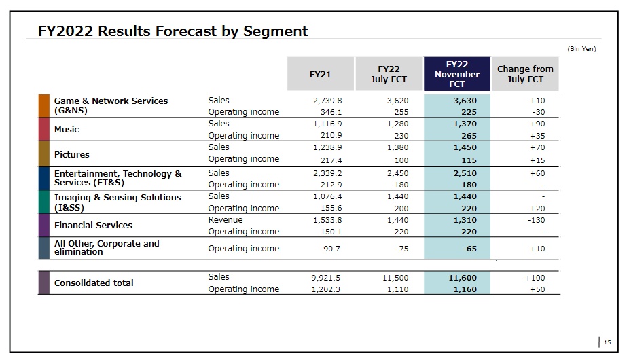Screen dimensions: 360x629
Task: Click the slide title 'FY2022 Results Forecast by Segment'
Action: (x=173, y=31)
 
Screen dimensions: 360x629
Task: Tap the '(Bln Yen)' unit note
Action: (x=581, y=48)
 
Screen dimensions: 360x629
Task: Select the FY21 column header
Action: (x=320, y=74)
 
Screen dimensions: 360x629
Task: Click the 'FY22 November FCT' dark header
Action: (x=457, y=74)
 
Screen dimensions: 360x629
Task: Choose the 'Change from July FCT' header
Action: (x=525, y=74)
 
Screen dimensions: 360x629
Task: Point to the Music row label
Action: (x=67, y=129)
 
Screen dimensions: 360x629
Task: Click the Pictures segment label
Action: (x=72, y=154)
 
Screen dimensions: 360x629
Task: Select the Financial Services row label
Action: (x=93, y=225)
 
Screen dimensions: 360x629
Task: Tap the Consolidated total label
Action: (x=94, y=283)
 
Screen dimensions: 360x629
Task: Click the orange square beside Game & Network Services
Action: (x=44, y=106)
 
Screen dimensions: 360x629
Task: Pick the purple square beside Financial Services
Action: (x=44, y=225)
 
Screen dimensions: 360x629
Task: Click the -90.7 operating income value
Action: (x=330, y=249)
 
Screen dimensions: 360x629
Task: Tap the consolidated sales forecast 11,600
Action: (x=463, y=277)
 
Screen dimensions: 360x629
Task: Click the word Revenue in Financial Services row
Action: (x=225, y=220)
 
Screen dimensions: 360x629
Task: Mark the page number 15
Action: (x=607, y=342)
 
